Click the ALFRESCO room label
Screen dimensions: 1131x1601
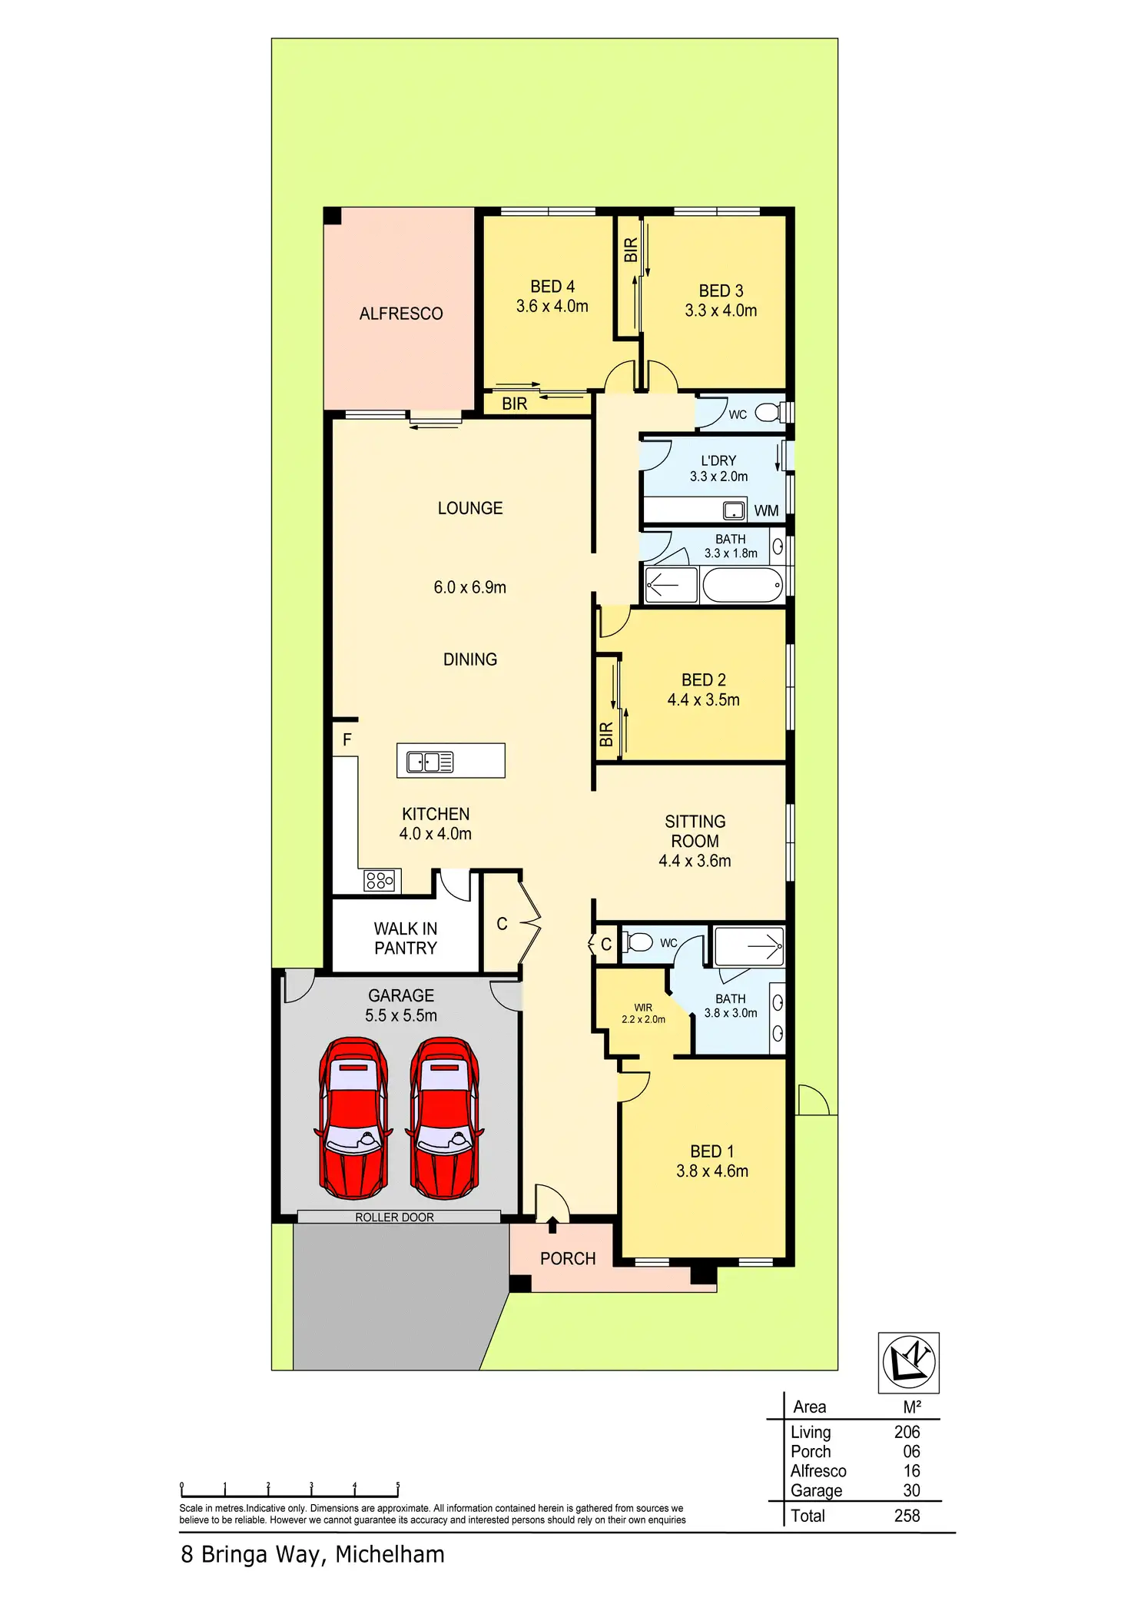[x=401, y=314]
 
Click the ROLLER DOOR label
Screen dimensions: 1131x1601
[x=394, y=1217]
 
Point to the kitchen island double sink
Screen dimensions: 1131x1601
[x=430, y=762]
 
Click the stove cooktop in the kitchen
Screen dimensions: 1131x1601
[x=380, y=880]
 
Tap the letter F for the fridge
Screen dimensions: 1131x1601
[x=347, y=739]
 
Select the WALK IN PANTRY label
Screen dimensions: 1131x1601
[x=406, y=938]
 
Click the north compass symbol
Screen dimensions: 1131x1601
[x=909, y=1363]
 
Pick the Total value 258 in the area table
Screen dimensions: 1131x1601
[x=907, y=1516]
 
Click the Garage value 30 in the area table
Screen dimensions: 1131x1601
[x=911, y=1490]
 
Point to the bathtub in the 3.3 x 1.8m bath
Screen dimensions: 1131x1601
[x=742, y=586]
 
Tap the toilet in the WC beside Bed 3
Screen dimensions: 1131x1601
[x=768, y=414]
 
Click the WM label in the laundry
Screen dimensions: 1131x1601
[x=766, y=510]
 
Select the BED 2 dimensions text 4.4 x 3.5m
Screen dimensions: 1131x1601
[x=704, y=699]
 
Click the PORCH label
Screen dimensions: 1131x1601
[x=568, y=1258]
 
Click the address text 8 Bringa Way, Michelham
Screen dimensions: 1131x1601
[x=313, y=1554]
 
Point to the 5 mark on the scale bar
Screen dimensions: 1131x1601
[x=398, y=1485]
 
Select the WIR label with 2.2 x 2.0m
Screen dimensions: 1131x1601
[x=643, y=1013]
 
